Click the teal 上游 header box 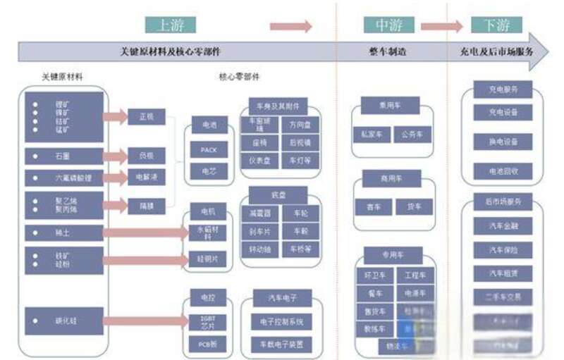pyautogui.click(x=171, y=25)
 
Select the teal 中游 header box pyautogui.click(x=388, y=25)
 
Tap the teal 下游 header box pyautogui.click(x=497, y=25)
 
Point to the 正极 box pyautogui.click(x=146, y=116)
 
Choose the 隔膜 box pyautogui.click(x=146, y=205)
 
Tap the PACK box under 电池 pyautogui.click(x=208, y=149)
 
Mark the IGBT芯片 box pyautogui.click(x=208, y=321)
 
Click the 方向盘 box pyautogui.click(x=300, y=125)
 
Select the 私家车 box pyautogui.click(x=370, y=134)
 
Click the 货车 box pyautogui.click(x=414, y=207)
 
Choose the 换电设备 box pyautogui.click(x=503, y=142)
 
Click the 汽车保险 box pyautogui.click(x=503, y=249)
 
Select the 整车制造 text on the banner pyautogui.click(x=388, y=52)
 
